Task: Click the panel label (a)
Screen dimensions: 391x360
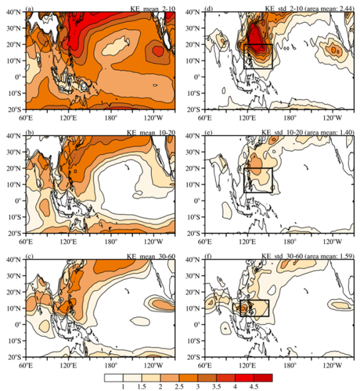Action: tap(31, 7)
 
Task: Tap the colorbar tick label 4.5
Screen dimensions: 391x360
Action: tap(255, 387)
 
